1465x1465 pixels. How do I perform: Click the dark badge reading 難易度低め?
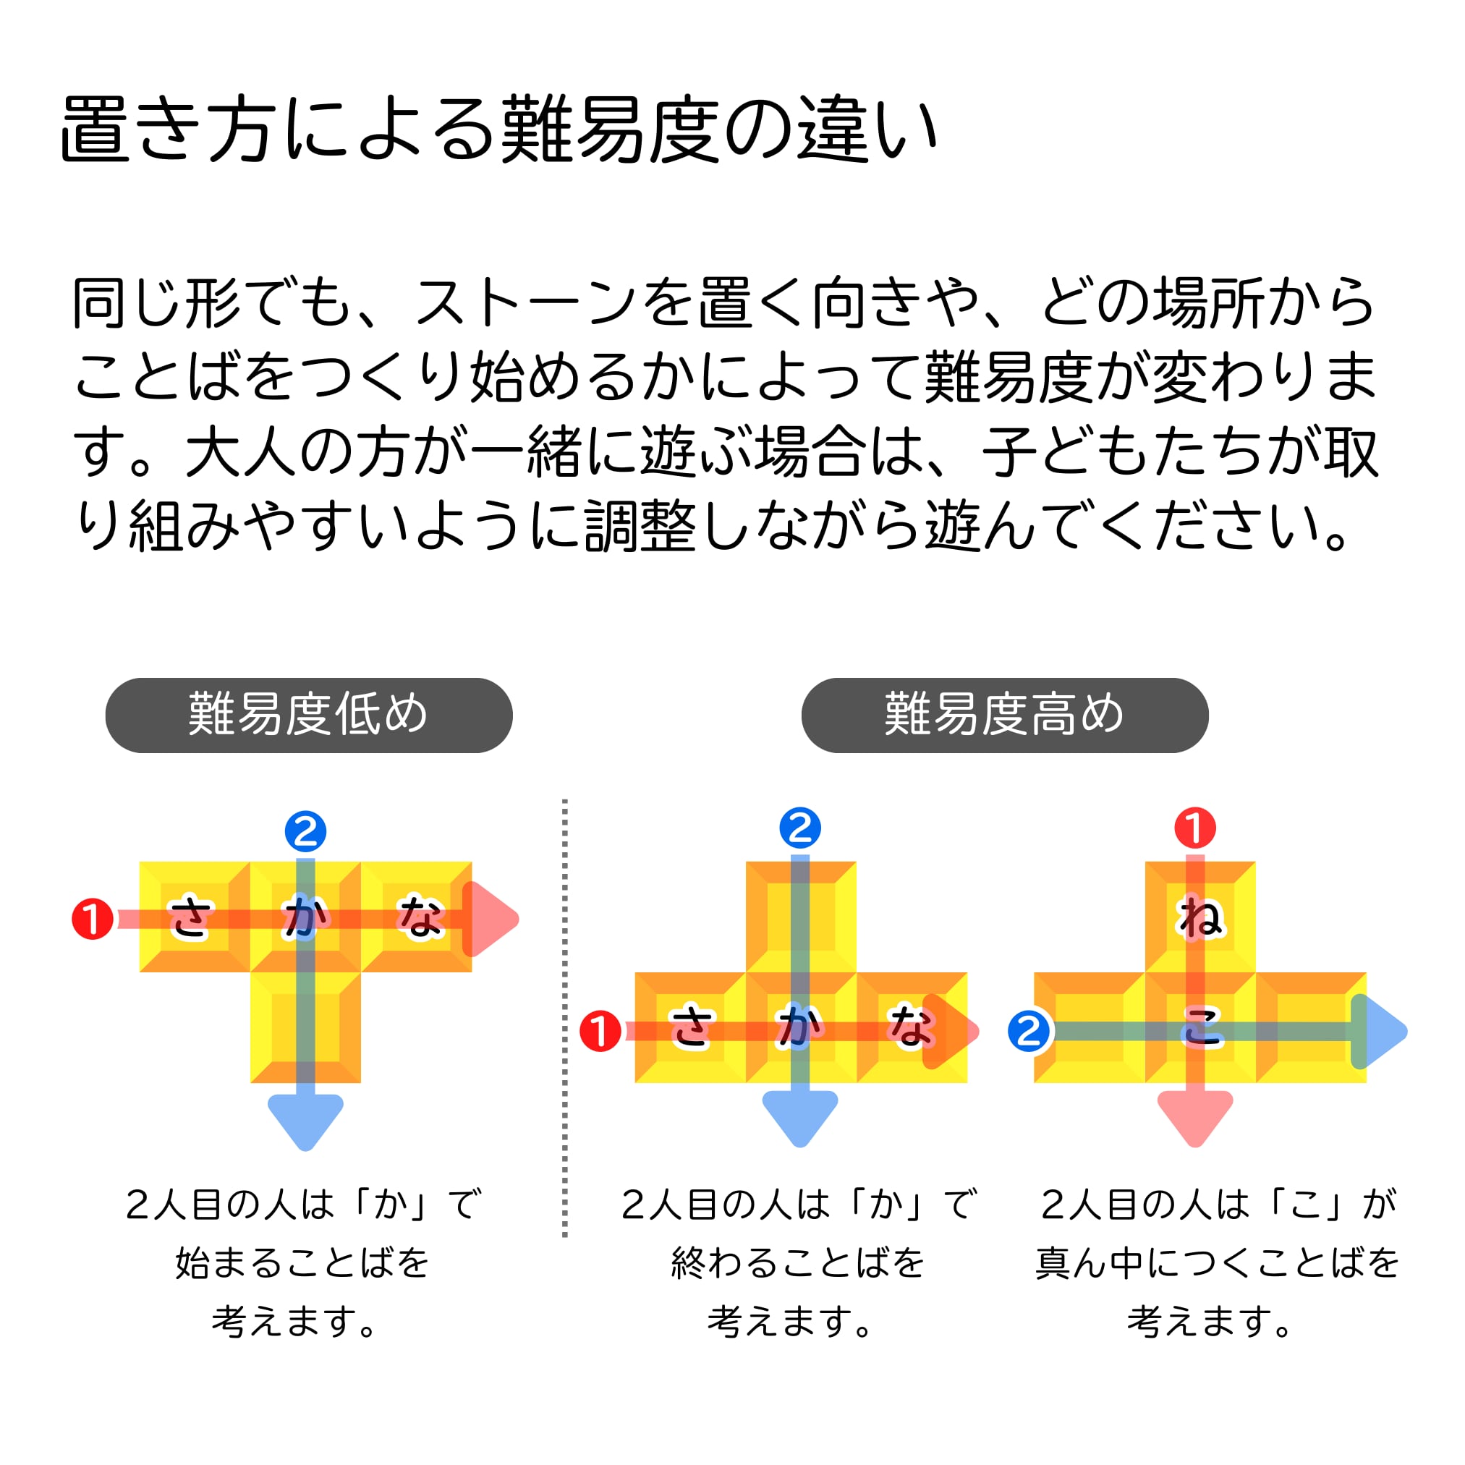[309, 715]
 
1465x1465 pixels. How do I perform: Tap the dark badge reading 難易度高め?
[1004, 715]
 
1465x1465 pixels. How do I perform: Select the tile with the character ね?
[1199, 917]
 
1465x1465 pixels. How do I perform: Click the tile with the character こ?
[1199, 1027]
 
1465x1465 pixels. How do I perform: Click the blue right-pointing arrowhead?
[1379, 1031]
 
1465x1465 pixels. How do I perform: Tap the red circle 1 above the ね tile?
[1195, 828]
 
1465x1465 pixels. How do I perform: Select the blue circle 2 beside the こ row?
[1029, 1031]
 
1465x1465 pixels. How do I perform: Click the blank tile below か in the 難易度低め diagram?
[305, 1027]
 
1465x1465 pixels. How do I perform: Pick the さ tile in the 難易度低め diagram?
[194, 917]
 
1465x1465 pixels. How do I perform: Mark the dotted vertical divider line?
[565, 1016]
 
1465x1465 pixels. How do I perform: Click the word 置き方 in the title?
[166, 129]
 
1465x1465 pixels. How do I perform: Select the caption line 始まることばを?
[302, 1263]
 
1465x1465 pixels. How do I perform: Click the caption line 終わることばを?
[798, 1263]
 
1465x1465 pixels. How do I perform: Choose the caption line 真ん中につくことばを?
[1217, 1263]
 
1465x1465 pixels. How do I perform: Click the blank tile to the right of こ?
[1310, 1027]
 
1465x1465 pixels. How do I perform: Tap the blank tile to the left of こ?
[1089, 1027]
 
